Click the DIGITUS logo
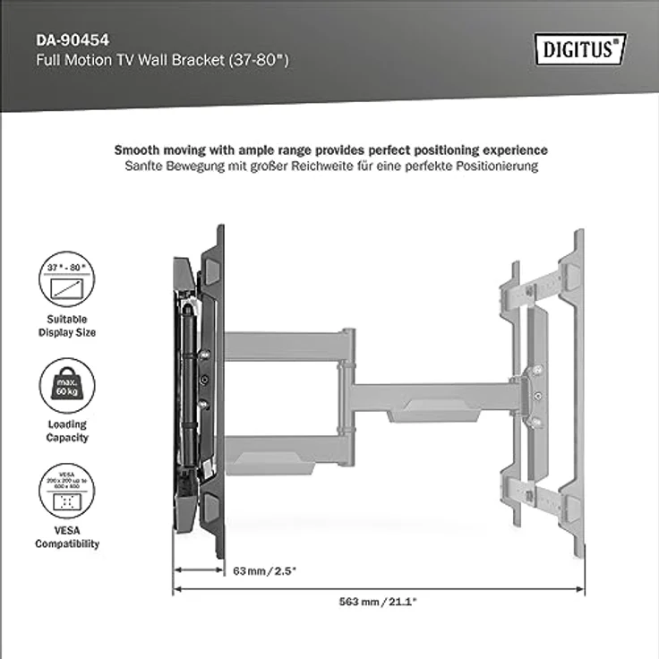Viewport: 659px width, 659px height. [581, 48]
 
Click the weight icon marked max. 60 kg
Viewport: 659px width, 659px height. [66, 386]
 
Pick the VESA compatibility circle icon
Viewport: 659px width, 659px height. [66, 492]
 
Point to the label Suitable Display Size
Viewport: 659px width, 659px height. [66, 326]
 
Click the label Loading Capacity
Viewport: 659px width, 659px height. [66, 432]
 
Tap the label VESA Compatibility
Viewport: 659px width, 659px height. [66, 537]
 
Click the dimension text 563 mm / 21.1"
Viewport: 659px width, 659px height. [376, 602]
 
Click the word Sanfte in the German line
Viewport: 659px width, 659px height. [145, 167]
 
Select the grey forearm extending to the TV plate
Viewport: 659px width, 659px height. [430, 395]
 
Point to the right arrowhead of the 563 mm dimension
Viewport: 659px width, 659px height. [579, 589]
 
